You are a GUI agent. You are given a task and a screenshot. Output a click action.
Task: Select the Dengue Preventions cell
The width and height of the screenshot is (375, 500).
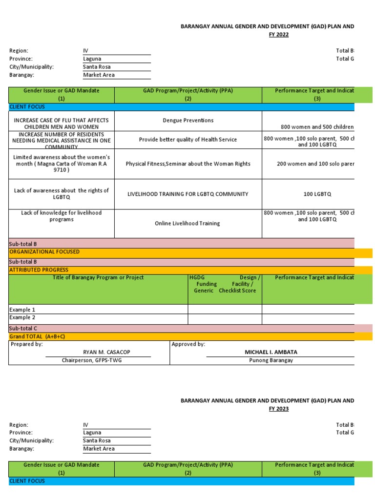[x=188, y=120]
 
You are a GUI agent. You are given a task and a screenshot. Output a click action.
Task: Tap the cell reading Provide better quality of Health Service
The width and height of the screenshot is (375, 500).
[x=188, y=140]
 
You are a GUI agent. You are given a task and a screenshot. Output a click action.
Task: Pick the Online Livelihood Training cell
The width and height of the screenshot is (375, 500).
[x=187, y=223]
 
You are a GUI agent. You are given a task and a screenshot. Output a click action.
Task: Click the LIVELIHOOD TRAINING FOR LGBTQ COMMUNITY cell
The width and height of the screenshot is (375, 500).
[x=188, y=194]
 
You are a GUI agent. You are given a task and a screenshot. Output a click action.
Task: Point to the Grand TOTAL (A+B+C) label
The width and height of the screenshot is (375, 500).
[x=37, y=337]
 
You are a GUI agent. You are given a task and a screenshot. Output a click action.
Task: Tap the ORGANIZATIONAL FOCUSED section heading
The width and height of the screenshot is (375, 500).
[x=44, y=252]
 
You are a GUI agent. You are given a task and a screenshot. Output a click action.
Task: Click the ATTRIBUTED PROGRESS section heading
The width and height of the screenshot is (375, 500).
[x=39, y=270]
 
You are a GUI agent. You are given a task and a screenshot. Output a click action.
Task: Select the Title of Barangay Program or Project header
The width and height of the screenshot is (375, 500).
[x=98, y=278]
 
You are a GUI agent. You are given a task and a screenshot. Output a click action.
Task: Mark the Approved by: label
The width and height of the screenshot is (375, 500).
[x=188, y=344]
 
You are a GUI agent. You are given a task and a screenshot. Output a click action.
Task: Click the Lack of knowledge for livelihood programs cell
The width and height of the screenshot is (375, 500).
[x=62, y=216]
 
